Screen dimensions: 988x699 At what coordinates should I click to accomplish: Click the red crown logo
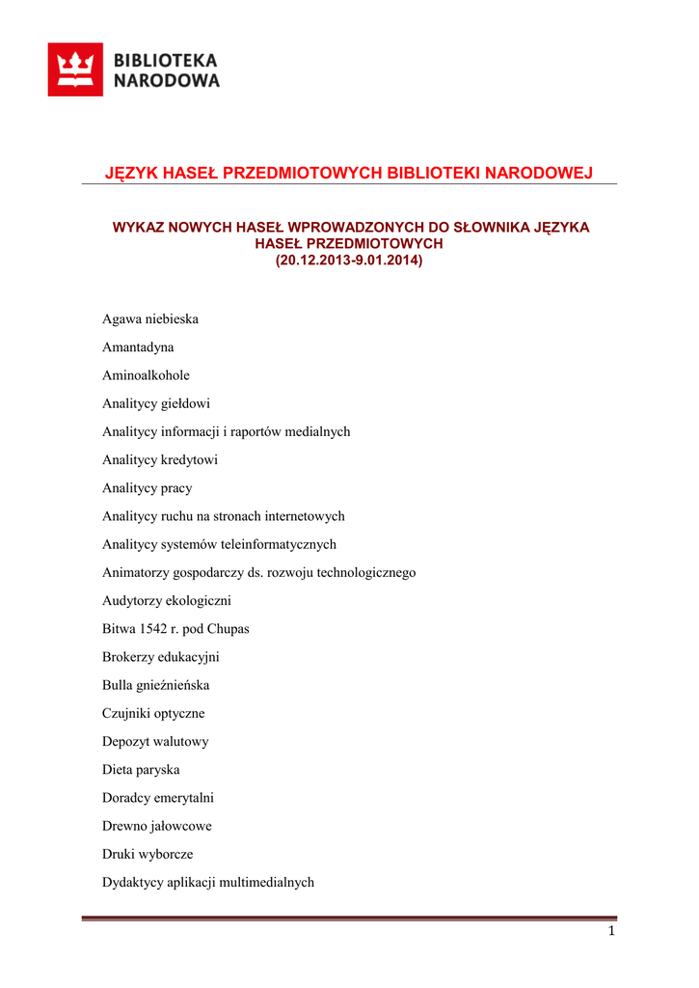[75, 69]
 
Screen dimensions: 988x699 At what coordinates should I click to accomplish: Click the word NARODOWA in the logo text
[167, 81]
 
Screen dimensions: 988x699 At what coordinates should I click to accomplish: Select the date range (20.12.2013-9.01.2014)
[349, 261]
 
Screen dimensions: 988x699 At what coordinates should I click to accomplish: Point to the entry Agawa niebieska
[150, 318]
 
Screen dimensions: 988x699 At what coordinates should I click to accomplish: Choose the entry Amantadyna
[138, 347]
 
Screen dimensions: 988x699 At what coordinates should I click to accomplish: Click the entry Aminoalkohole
[146, 375]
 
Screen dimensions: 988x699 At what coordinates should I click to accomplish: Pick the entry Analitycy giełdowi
[155, 403]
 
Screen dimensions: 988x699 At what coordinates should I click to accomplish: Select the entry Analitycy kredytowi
[160, 460]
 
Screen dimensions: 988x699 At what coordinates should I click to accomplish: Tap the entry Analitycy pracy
[147, 488]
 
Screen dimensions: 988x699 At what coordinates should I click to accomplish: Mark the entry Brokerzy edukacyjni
[160, 657]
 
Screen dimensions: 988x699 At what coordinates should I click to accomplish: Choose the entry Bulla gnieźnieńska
[155, 685]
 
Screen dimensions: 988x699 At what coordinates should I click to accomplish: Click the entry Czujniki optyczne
[153, 714]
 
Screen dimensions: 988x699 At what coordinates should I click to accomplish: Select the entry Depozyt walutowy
[155, 742]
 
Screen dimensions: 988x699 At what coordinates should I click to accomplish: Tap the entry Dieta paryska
[141, 770]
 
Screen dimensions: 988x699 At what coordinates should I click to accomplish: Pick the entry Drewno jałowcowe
[157, 826]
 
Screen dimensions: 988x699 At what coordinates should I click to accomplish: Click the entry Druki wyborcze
[148, 854]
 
